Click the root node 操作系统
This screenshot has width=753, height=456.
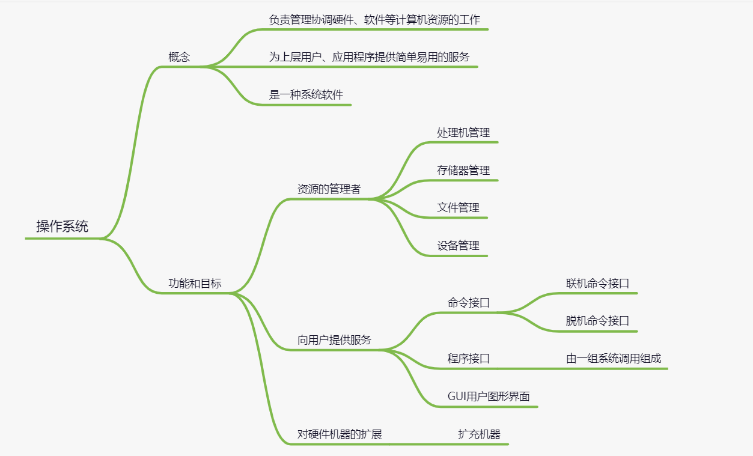(x=62, y=226)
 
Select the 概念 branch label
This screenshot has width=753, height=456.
(x=179, y=57)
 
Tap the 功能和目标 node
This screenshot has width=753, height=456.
(x=195, y=284)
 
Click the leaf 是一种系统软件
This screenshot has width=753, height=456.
(x=306, y=95)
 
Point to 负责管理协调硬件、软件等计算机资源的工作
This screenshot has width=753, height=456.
(x=374, y=19)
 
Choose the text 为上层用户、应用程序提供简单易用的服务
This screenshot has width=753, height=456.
(x=369, y=57)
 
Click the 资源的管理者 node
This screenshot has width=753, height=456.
(x=329, y=189)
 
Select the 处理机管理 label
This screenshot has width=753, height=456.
(x=463, y=132)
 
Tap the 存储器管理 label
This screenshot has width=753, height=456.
(x=463, y=170)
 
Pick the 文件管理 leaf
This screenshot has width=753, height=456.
(x=458, y=208)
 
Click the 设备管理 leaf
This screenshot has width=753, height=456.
(x=458, y=246)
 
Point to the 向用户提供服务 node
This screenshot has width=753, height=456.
(x=334, y=340)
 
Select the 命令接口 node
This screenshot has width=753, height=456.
(x=469, y=303)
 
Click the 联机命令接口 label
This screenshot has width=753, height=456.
(x=597, y=284)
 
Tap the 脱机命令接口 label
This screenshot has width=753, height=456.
(x=597, y=321)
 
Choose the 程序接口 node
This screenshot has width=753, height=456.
(x=469, y=359)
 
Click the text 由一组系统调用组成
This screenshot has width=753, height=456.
(x=613, y=359)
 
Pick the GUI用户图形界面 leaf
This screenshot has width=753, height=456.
(x=489, y=397)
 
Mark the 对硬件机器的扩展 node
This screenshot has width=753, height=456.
(x=340, y=434)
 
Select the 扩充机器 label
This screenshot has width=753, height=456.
(x=479, y=434)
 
